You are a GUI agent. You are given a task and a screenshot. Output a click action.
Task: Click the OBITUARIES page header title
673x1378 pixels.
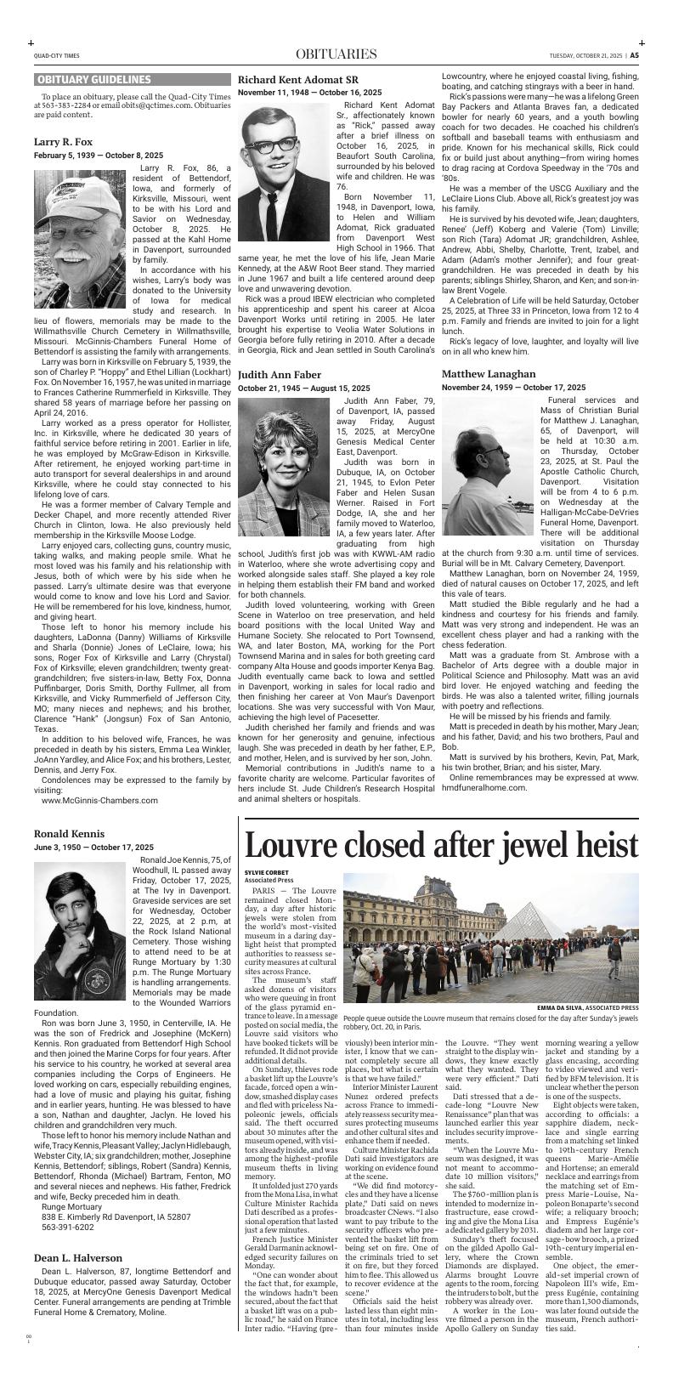(x=336, y=55)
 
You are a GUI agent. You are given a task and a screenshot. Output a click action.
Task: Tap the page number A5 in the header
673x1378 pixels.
(x=634, y=56)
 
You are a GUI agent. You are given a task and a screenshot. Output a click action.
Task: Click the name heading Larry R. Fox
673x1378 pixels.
(x=64, y=142)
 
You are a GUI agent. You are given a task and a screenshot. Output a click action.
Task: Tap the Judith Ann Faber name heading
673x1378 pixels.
(x=280, y=374)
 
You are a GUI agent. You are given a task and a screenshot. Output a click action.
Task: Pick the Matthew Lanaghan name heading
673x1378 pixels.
(x=489, y=373)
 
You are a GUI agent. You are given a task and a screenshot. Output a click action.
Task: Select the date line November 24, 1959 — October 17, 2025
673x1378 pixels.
(x=513, y=388)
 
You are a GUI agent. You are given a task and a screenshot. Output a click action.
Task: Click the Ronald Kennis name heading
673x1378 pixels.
(x=70, y=833)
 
